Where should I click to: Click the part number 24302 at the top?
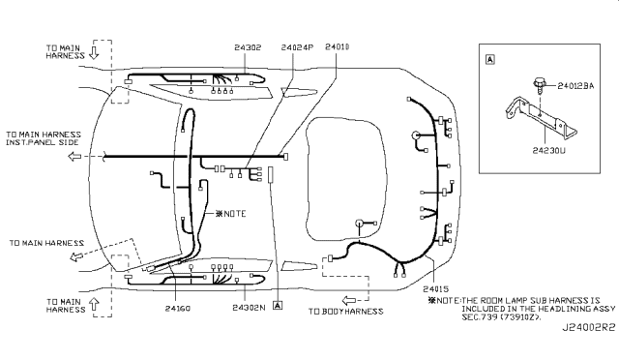(248, 47)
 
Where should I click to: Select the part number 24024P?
(297, 47)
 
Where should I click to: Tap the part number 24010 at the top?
(338, 47)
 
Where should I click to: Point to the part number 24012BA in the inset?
(575, 86)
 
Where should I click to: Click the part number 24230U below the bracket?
(548, 151)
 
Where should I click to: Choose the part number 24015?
(435, 288)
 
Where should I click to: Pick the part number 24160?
(178, 309)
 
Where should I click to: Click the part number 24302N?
(249, 308)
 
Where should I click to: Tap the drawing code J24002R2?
(589, 328)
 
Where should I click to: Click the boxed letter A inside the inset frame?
(490, 60)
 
